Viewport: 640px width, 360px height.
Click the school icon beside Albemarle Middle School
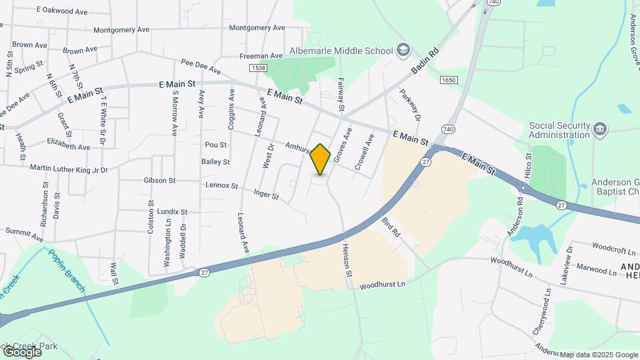point(402,49)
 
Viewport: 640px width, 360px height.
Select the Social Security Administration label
point(560,130)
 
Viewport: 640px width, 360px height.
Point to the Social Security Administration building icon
point(600,128)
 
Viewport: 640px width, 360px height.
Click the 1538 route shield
point(259,68)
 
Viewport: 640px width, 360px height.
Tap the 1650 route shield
point(449,80)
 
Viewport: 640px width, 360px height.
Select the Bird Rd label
point(391,227)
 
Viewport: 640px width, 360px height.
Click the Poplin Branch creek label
point(66,269)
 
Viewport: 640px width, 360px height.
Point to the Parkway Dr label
point(410,105)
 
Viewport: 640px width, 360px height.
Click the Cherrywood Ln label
point(547,314)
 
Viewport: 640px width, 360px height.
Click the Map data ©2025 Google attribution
point(599,355)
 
